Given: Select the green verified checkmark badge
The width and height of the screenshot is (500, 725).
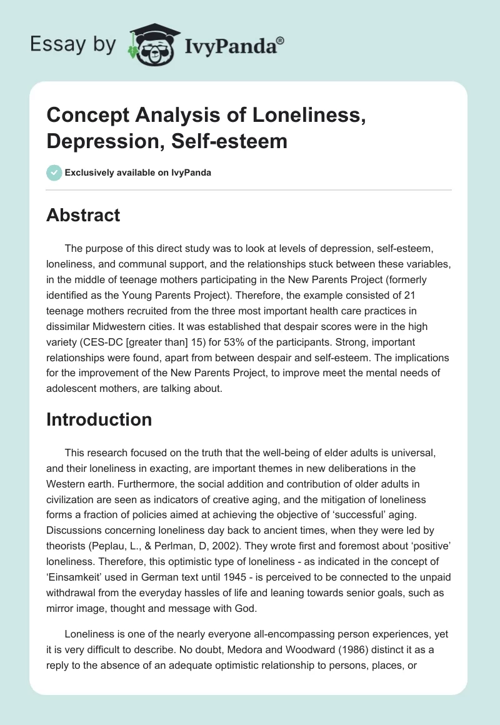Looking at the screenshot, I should (54, 173).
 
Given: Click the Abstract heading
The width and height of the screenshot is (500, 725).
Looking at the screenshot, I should (83, 215).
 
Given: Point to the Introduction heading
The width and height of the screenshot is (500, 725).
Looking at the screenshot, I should (99, 419).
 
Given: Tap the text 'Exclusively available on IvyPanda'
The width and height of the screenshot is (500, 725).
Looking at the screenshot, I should (138, 173).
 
